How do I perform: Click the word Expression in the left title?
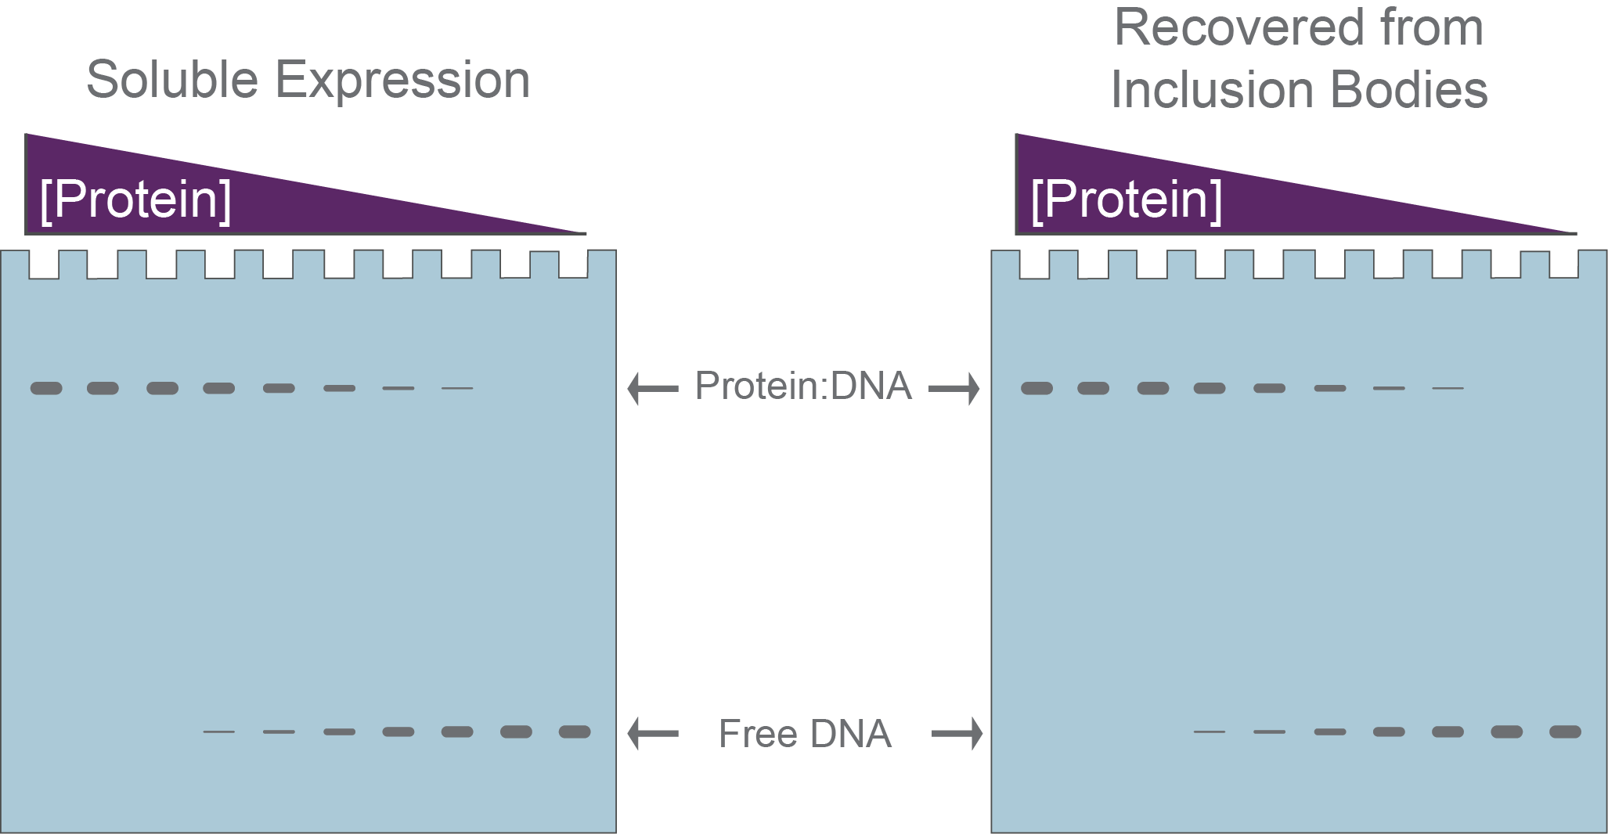(x=402, y=81)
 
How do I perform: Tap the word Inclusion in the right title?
(x=1212, y=89)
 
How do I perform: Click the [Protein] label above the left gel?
(x=135, y=200)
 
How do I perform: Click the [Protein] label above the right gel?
(x=1126, y=200)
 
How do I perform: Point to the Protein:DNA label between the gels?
(x=803, y=386)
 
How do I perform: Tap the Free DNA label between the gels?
(x=805, y=734)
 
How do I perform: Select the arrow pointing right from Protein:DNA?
(x=954, y=388)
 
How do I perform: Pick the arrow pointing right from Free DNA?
(x=957, y=733)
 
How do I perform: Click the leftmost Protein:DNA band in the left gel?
(x=46, y=388)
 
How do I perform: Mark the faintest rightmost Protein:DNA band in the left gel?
(x=457, y=388)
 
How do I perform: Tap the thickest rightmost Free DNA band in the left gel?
(x=575, y=732)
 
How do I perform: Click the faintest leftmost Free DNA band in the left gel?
(x=219, y=732)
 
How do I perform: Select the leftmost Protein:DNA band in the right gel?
(x=1037, y=388)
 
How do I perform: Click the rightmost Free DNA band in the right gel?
(x=1566, y=732)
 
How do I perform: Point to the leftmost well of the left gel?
(x=44, y=264)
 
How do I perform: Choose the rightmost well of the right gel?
(x=1563, y=264)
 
